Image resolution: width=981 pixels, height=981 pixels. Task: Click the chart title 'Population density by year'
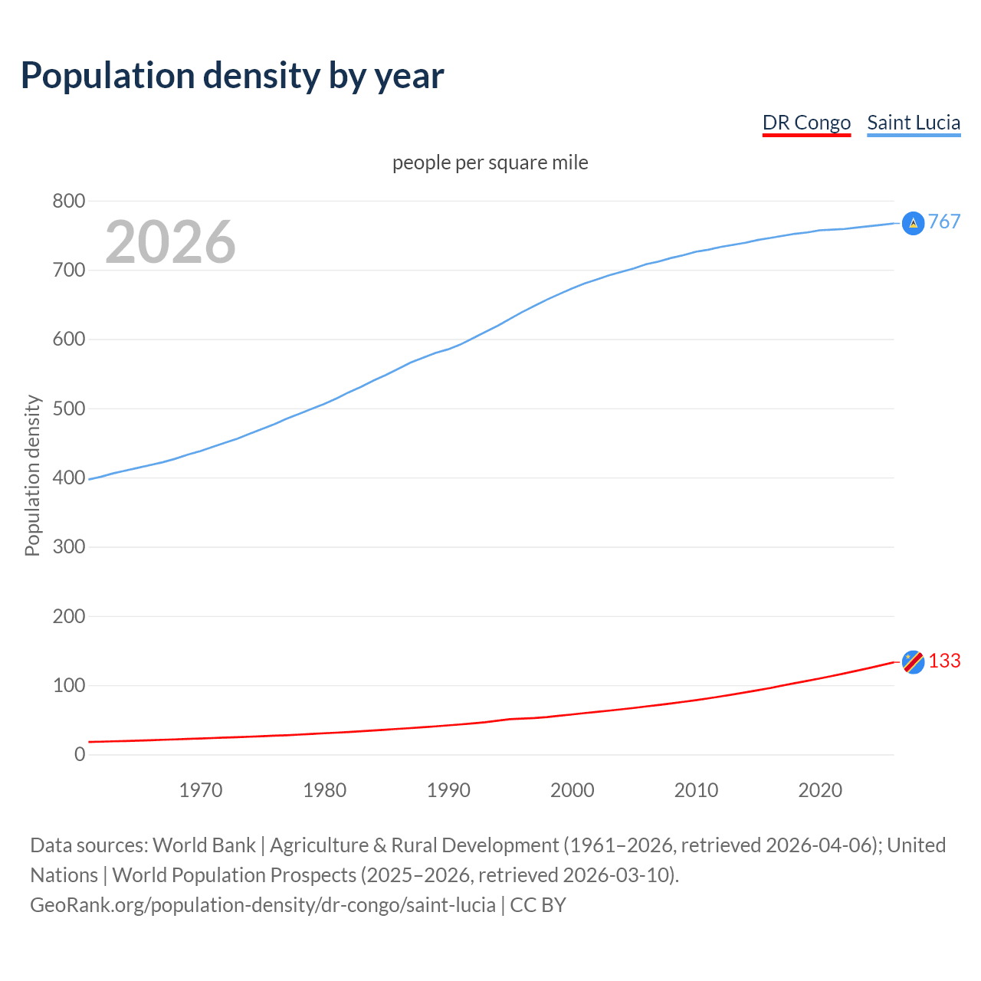pos(232,76)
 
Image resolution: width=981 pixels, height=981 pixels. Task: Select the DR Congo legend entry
pos(806,123)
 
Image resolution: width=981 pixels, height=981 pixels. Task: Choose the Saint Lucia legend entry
pos(914,123)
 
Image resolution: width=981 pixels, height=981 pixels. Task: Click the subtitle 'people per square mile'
pos(490,162)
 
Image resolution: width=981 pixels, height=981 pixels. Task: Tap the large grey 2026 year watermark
pos(170,242)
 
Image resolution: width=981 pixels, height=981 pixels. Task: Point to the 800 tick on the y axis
pos(68,201)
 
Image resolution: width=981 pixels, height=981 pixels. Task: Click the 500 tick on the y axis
pos(68,408)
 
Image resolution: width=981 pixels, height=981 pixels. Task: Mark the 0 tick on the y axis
pos(80,754)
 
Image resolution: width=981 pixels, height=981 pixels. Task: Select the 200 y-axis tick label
pos(68,616)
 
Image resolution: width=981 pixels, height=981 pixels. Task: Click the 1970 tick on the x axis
pos(201,790)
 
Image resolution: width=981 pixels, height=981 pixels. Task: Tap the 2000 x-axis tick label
pos(572,790)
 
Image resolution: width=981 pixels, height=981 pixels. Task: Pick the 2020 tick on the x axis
pos(820,790)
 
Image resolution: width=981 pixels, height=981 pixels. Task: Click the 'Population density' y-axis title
pos(32,475)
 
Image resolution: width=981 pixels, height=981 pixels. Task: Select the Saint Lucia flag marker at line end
pos(913,223)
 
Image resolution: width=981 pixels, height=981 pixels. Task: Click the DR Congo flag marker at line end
pos(913,661)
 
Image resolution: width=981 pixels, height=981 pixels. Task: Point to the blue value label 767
pos(944,221)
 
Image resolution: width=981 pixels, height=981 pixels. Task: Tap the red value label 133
pos(944,661)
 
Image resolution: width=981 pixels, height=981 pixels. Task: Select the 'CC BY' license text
pos(538,904)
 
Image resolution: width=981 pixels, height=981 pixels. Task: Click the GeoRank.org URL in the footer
pos(262,904)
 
